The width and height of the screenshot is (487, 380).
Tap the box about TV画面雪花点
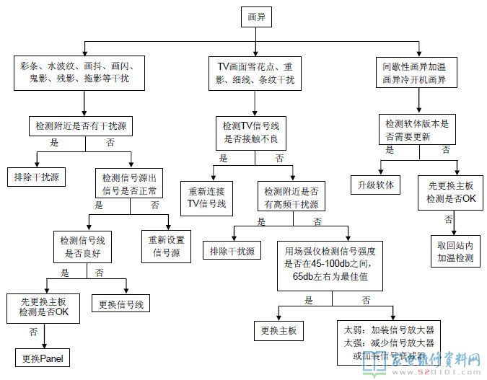[x=255, y=72]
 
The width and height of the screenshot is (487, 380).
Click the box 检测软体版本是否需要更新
[x=417, y=128]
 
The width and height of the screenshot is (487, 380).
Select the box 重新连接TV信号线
[x=207, y=198]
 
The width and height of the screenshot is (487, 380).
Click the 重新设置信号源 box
[x=167, y=245]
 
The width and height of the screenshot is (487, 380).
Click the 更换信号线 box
[x=120, y=303]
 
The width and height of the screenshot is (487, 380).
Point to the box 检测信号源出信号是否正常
[x=130, y=185]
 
